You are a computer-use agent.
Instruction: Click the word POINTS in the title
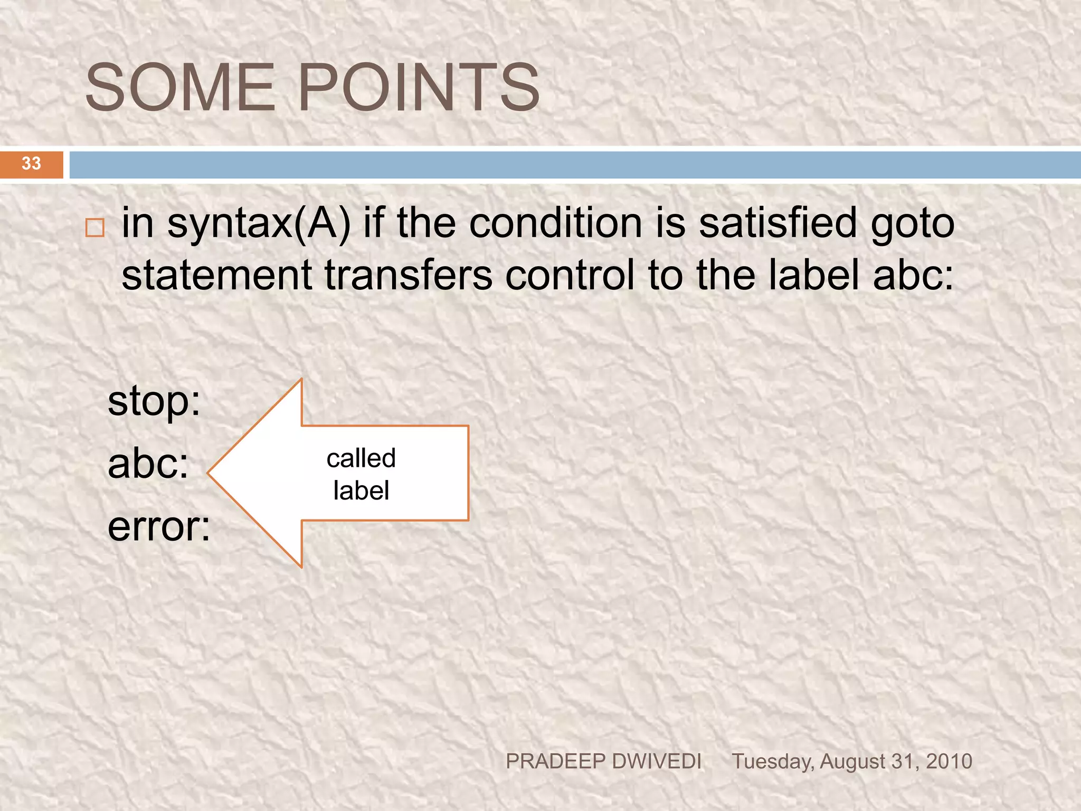[419, 88]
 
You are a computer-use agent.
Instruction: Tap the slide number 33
[31, 163]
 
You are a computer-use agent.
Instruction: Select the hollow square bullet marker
[95, 228]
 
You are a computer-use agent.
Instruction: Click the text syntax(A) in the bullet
[259, 224]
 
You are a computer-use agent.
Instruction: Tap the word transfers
[409, 275]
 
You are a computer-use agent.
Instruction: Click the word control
[570, 275]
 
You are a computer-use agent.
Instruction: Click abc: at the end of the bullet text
[913, 275]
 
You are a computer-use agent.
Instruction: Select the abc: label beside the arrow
[148, 464]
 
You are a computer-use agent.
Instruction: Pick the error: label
[159, 527]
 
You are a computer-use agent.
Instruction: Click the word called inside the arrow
[361, 458]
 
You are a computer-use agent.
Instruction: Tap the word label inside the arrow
[361, 491]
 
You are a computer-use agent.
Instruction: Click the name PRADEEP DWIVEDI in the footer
[603, 761]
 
